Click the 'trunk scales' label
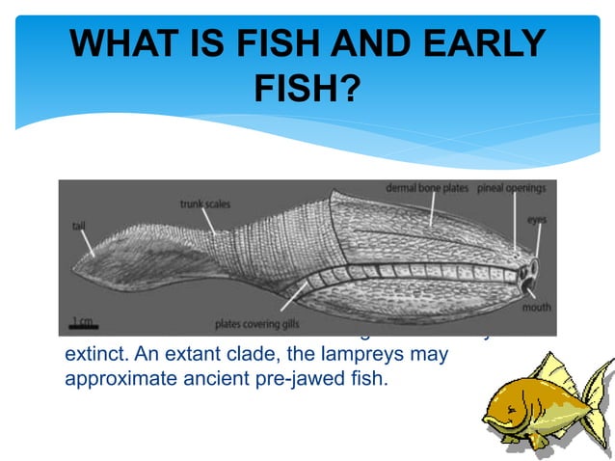201,203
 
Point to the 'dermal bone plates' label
429,188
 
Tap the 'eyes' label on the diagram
536,220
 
